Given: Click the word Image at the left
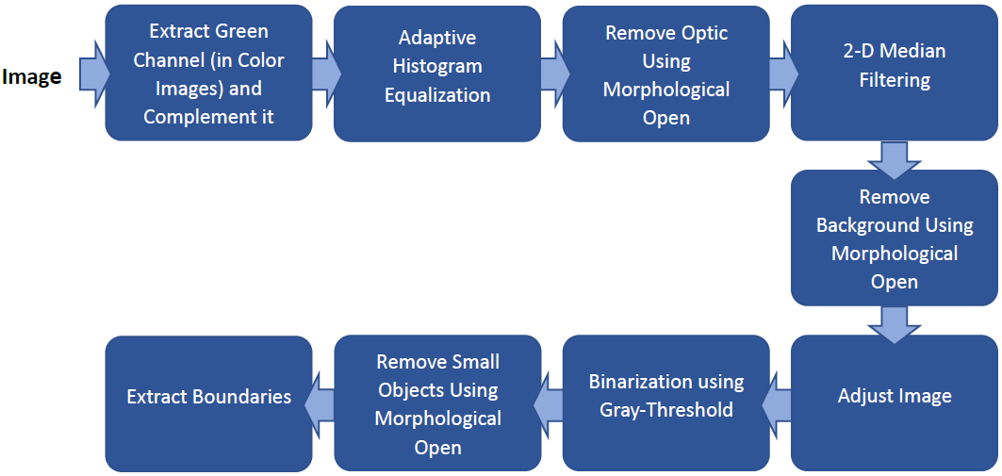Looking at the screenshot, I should click(x=31, y=77).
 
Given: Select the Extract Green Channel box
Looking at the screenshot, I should click(x=208, y=74).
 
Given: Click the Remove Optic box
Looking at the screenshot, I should click(x=665, y=74).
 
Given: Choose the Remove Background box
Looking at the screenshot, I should click(x=894, y=238).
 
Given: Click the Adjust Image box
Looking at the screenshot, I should click(x=894, y=396).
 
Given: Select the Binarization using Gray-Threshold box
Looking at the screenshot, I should click(x=665, y=396).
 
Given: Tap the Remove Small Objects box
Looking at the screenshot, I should click(x=437, y=403).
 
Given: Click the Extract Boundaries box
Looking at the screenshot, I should click(x=208, y=396).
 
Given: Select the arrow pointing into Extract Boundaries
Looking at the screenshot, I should click(x=321, y=403).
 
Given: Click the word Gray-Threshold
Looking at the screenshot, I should click(x=665, y=410).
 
